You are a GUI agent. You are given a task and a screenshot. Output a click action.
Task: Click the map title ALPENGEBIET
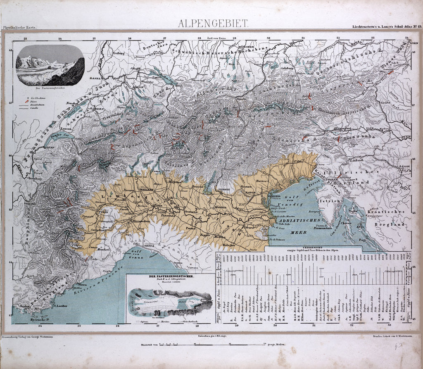(x=213, y=23)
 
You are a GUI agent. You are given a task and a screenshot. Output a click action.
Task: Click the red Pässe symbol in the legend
(x=26, y=101)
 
